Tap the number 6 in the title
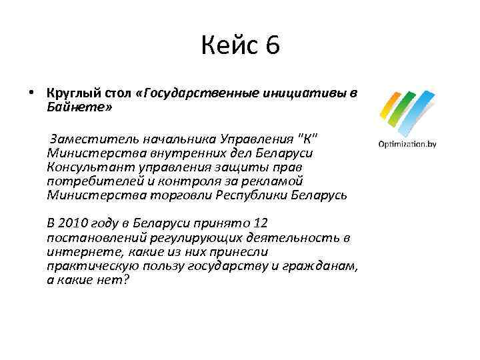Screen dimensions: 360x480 coord(271,47)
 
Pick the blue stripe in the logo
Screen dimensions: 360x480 coord(420,113)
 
